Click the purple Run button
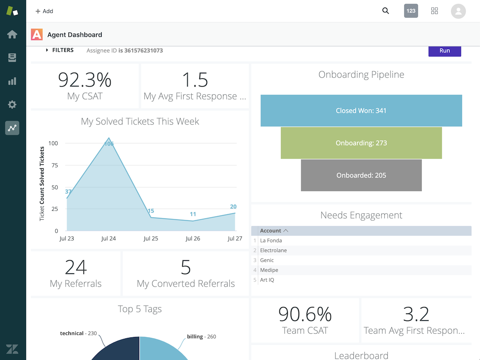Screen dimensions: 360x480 [444, 51]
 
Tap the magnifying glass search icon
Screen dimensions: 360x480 [386, 11]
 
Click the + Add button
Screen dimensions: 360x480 [45, 11]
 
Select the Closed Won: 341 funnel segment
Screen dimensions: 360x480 [361, 111]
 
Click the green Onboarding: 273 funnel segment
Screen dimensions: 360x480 [361, 143]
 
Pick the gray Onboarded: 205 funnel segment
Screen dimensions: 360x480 [361, 175]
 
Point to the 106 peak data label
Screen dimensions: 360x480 [109, 144]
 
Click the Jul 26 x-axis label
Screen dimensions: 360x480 [193, 239]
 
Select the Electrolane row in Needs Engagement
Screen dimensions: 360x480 [273, 250]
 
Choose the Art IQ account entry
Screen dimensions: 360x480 [267, 280]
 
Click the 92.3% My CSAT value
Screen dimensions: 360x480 [85, 80]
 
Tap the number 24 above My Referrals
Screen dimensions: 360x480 [76, 267]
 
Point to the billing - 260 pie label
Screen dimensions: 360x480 [202, 337]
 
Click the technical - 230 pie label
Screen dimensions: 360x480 [78, 333]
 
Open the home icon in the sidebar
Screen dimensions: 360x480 [12, 34]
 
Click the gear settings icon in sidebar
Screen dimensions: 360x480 [12, 105]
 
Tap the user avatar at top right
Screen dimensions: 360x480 [458, 11]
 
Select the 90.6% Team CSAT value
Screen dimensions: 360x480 [305, 314]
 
